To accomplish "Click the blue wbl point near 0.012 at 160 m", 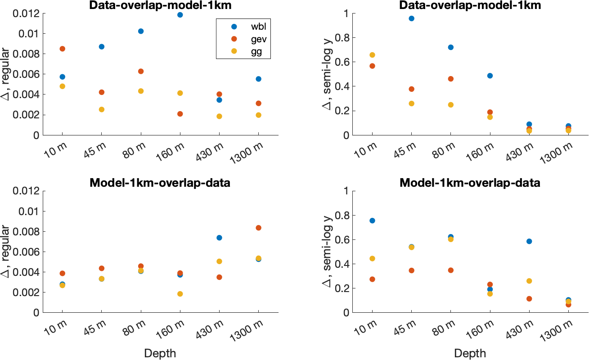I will pos(180,15).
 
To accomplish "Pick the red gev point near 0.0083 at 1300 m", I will pos(258,228).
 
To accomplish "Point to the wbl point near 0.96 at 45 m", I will pos(411,18).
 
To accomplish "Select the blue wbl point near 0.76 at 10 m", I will pos(372,220).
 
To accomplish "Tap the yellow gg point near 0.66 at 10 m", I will pos(372,55).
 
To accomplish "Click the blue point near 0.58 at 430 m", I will pos(529,241).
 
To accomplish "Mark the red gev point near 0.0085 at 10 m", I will pos(63,49).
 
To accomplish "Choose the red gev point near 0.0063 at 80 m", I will pos(141,71).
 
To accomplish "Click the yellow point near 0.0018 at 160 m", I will pos(180,294).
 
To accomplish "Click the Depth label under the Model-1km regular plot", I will pos(160,353).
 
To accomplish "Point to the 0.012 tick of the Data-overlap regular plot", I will pos(27,13).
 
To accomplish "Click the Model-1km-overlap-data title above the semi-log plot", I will pos(471,183).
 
